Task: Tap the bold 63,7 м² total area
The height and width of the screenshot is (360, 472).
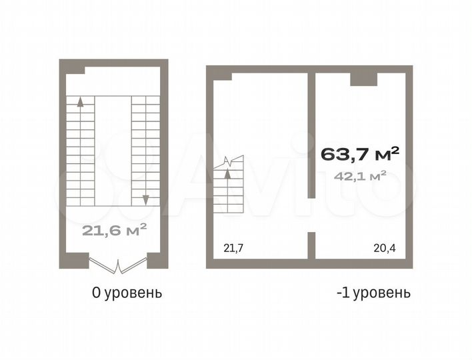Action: click(360, 154)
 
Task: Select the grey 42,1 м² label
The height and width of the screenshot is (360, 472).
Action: click(360, 176)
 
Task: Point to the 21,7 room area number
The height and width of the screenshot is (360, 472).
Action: click(233, 249)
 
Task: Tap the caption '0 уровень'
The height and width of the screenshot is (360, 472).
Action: click(127, 292)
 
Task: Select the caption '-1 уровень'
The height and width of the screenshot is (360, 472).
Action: click(373, 292)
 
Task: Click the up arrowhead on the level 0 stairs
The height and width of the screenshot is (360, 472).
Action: click(81, 102)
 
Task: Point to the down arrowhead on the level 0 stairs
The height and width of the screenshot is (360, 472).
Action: click(145, 199)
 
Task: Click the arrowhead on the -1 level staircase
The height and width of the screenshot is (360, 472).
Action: click(228, 175)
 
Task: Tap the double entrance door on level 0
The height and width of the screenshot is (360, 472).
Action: click(118, 265)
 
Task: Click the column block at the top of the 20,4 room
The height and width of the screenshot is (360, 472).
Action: click(364, 79)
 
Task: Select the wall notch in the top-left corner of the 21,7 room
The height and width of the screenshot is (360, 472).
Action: click(223, 76)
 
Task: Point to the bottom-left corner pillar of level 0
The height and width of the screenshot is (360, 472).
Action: click(74, 259)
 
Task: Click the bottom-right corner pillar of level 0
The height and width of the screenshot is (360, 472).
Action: click(157, 259)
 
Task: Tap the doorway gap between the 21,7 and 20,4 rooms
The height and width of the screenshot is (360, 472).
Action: click(311, 215)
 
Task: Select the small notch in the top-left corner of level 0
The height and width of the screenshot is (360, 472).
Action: click(75, 69)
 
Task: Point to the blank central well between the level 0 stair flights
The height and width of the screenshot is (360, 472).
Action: click(113, 150)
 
